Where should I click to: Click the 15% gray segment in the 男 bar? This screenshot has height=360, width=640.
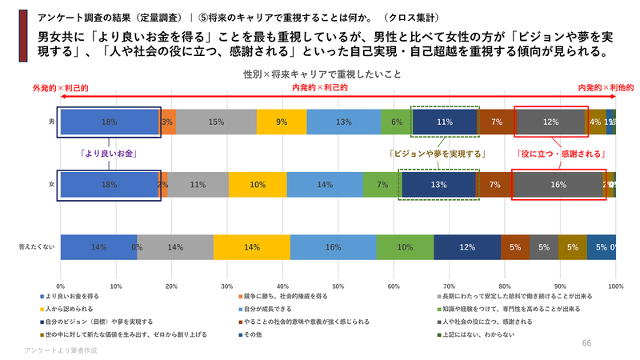point(216,122)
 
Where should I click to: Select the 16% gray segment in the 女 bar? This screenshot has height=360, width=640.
point(558,184)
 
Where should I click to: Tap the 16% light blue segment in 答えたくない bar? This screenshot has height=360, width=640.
point(333,247)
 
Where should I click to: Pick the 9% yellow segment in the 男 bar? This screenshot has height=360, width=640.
point(282,122)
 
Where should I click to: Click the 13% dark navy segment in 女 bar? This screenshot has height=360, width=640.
point(438,184)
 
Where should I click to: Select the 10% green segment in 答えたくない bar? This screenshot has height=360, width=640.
point(405,247)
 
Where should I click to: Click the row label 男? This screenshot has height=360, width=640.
point(51,122)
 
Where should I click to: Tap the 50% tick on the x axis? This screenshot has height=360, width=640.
point(338,285)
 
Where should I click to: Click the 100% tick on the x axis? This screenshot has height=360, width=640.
point(615,285)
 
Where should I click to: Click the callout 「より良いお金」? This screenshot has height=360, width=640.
point(109,154)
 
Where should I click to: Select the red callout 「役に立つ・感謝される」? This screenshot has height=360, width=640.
point(559,154)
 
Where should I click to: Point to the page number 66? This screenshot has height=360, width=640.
point(586,342)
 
